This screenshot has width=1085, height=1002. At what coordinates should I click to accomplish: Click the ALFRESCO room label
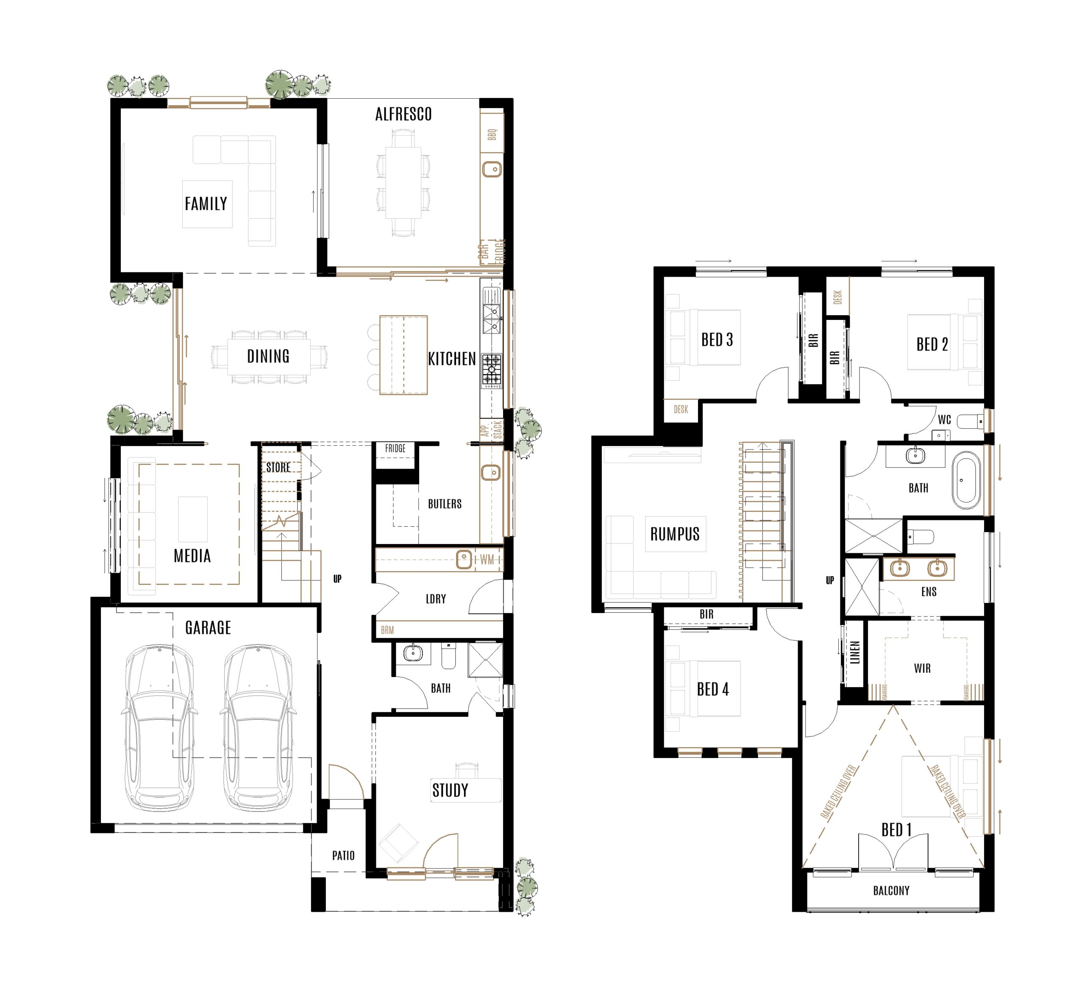[403, 114]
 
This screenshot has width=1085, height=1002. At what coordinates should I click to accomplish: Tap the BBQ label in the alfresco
[492, 134]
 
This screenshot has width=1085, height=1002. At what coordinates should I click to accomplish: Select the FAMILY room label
[206, 204]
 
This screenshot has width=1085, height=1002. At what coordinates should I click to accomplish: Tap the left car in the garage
[159, 727]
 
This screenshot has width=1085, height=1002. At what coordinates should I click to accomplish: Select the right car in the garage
[258, 727]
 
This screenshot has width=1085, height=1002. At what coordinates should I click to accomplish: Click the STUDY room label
[450, 791]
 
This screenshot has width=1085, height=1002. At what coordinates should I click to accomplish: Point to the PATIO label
[343, 855]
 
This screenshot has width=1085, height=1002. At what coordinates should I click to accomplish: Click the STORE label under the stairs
[278, 467]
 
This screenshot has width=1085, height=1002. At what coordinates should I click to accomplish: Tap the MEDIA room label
[192, 556]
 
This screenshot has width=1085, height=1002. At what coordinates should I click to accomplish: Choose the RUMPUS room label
[675, 534]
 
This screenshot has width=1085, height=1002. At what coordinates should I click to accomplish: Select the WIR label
[922, 669]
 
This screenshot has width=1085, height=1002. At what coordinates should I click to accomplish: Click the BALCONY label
[891, 890]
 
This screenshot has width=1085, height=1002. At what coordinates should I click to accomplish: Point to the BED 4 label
[713, 689]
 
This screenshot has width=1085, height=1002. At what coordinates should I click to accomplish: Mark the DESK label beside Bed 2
[837, 297]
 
